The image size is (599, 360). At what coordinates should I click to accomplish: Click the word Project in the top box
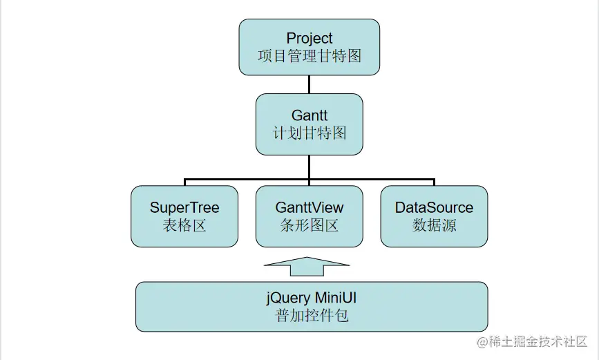coord(309,38)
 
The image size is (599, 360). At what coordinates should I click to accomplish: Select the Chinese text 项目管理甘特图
coord(309,56)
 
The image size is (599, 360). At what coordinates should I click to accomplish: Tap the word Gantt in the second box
coord(309,115)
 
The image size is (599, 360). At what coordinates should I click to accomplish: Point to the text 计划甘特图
coord(309,133)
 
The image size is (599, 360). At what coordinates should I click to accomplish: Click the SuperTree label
coord(184,207)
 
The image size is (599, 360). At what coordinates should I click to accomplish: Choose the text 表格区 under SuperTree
coord(184,225)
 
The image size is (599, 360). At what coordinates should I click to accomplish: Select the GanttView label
coord(309,207)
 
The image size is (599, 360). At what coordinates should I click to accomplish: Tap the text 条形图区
coord(309,225)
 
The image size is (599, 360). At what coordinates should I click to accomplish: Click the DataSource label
coord(434,207)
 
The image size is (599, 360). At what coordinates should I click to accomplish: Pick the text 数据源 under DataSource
coord(434,225)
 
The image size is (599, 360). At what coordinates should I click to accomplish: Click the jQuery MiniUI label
coord(312,299)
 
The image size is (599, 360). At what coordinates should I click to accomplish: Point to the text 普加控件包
coord(312,316)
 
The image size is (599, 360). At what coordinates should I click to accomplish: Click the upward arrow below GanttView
coord(307,265)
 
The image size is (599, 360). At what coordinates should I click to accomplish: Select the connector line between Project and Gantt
coord(309,84)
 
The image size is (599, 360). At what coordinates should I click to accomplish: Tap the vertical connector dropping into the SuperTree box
coord(184,182)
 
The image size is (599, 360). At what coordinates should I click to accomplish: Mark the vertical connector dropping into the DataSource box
coord(434,182)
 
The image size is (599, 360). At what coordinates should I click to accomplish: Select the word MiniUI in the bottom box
coord(336,299)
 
